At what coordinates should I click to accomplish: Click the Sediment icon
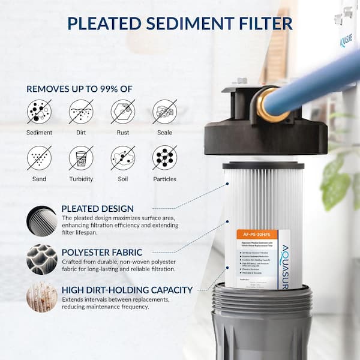(39, 112)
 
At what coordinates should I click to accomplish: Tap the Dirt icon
(81, 112)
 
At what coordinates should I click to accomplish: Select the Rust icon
(123, 112)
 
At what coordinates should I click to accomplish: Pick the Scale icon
(164, 112)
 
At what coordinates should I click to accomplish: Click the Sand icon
(39, 158)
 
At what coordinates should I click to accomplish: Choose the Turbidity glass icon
(81, 158)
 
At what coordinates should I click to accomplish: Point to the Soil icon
(123, 158)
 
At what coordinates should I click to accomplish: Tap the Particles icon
(164, 158)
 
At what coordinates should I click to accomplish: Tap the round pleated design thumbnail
(42, 221)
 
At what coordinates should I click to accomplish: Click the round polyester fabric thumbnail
(42, 259)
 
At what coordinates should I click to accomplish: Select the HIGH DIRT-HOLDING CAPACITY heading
(127, 290)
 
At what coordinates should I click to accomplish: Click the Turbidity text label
(81, 179)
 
